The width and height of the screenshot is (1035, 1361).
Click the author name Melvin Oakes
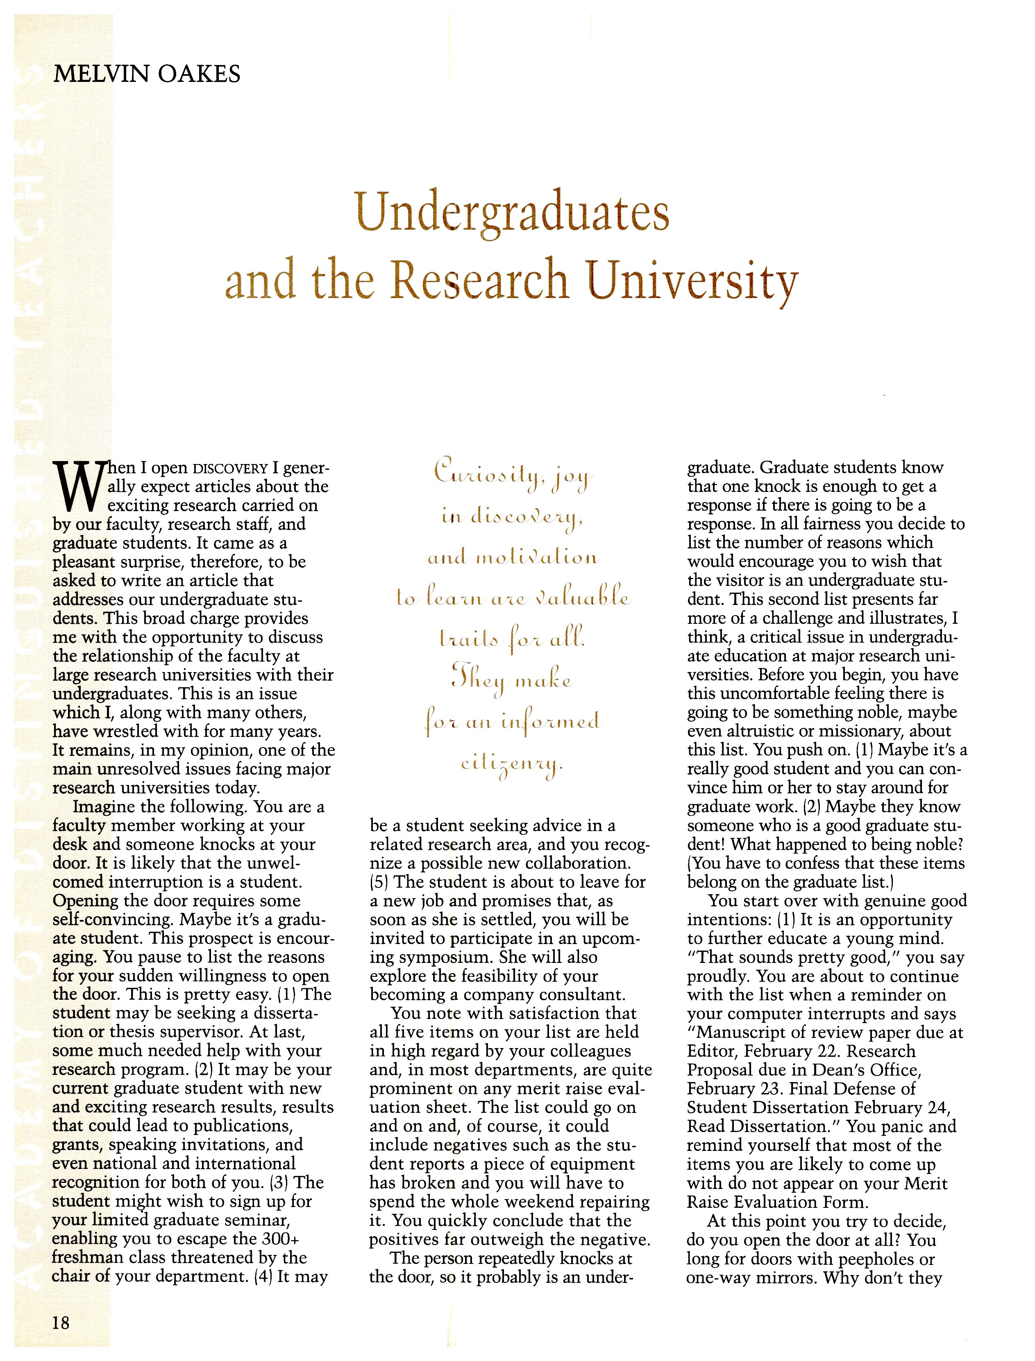(x=147, y=75)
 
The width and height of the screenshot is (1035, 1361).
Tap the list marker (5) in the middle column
(x=379, y=882)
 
